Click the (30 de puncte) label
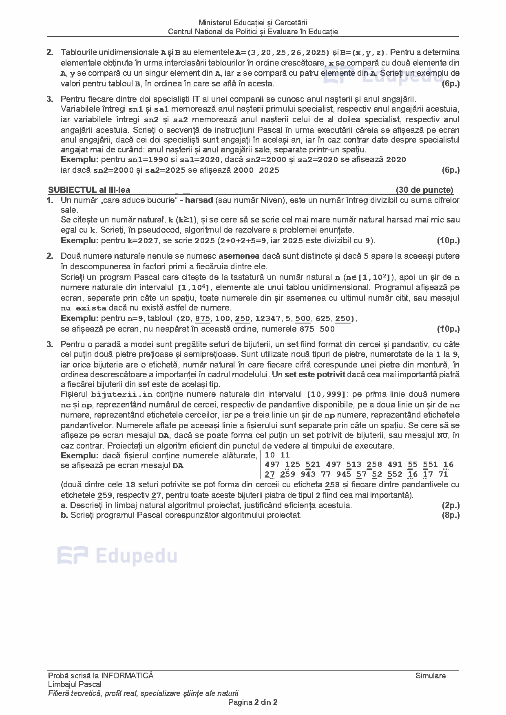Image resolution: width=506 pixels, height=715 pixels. tap(424, 190)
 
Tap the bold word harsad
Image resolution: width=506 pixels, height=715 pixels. tap(199, 200)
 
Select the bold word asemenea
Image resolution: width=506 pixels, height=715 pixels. tap(239, 256)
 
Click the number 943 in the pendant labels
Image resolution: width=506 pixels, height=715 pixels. tap(308, 474)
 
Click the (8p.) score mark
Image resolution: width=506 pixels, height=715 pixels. tap(451, 515)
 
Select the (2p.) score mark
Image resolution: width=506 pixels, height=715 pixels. tap(451, 505)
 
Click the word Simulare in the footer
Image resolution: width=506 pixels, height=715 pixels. tap(431, 675)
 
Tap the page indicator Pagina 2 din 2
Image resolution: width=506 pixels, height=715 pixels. tap(253, 702)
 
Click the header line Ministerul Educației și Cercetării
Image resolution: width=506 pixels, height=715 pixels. tap(253, 23)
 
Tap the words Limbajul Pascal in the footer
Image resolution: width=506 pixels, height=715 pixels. tap(75, 684)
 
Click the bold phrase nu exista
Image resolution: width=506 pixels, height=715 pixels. tap(84, 308)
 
